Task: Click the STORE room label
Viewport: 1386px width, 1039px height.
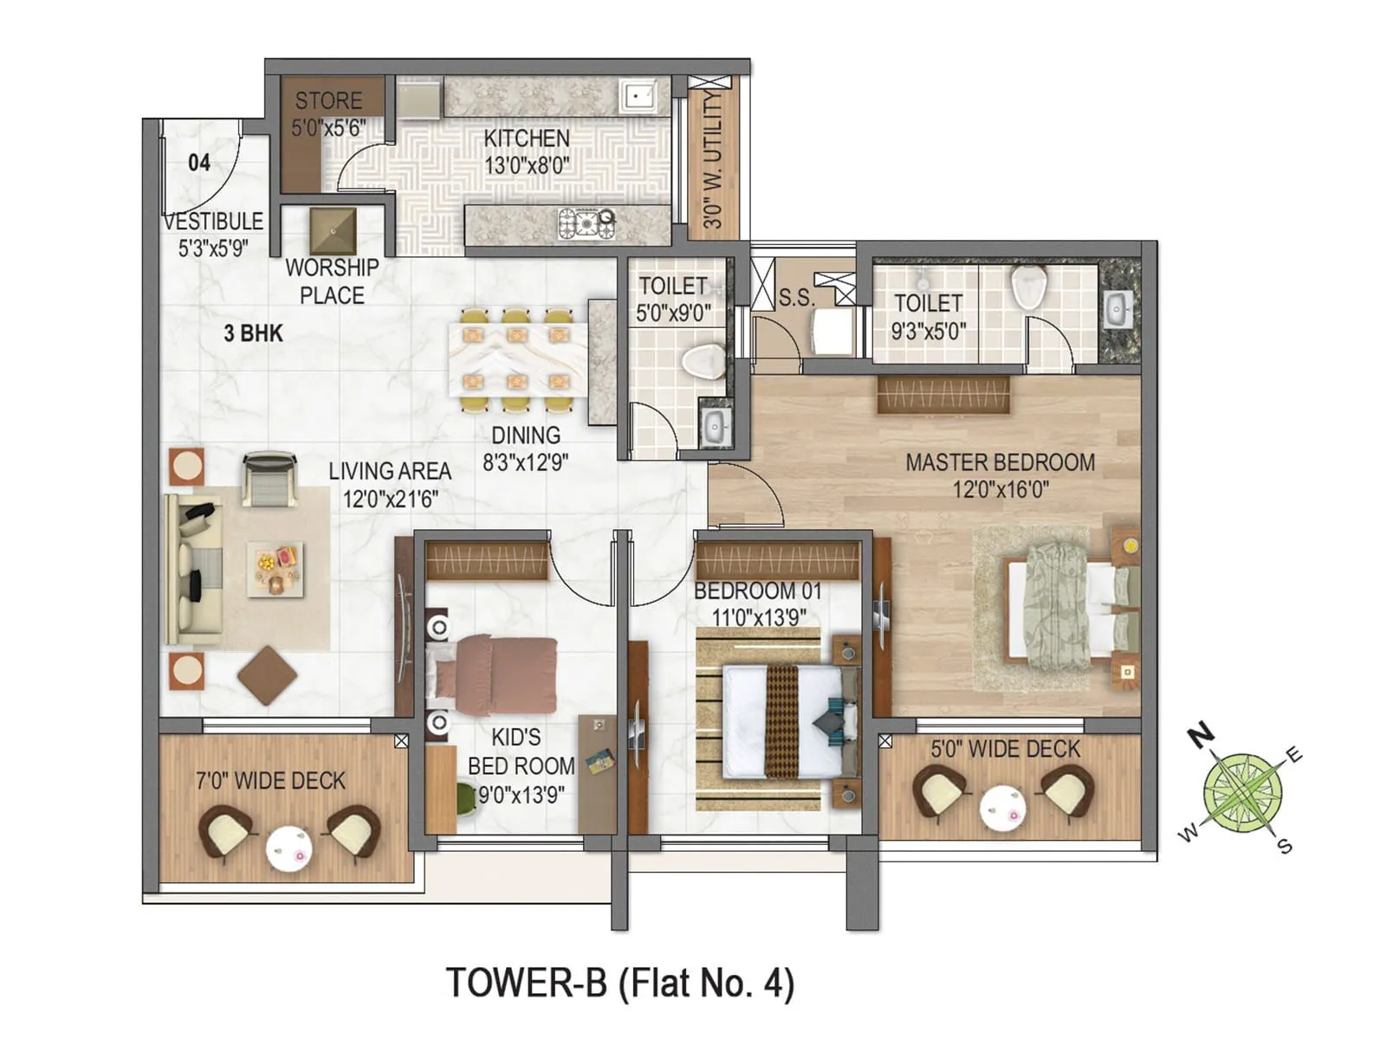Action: pyautogui.click(x=328, y=101)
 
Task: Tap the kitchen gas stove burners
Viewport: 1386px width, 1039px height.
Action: pyautogui.click(x=586, y=223)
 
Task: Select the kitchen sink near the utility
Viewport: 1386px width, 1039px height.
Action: pyautogui.click(x=638, y=96)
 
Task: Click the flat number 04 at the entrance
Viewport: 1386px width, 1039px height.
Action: pyautogui.click(x=199, y=163)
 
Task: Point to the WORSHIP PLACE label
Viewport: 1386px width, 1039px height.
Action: pyautogui.click(x=332, y=281)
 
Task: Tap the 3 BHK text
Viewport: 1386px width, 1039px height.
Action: pyautogui.click(x=253, y=333)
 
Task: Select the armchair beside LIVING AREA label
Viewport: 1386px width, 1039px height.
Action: pyautogui.click(x=269, y=479)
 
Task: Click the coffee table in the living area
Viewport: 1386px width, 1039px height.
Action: pyautogui.click(x=275, y=569)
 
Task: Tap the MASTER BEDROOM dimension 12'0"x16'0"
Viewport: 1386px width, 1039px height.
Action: pyautogui.click(x=1001, y=490)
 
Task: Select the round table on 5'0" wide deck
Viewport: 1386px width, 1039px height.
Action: pyautogui.click(x=1002, y=808)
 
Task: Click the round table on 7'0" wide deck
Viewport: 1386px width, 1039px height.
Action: pyautogui.click(x=288, y=849)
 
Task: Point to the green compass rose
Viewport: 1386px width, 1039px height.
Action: pyautogui.click(x=1243, y=792)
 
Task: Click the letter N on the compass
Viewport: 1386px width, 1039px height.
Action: pyautogui.click(x=1200, y=736)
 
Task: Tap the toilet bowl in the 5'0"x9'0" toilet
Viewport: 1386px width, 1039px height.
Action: pyautogui.click(x=703, y=361)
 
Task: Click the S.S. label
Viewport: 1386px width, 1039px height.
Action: pyautogui.click(x=796, y=299)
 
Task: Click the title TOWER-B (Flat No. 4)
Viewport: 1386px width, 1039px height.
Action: pyautogui.click(x=620, y=984)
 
